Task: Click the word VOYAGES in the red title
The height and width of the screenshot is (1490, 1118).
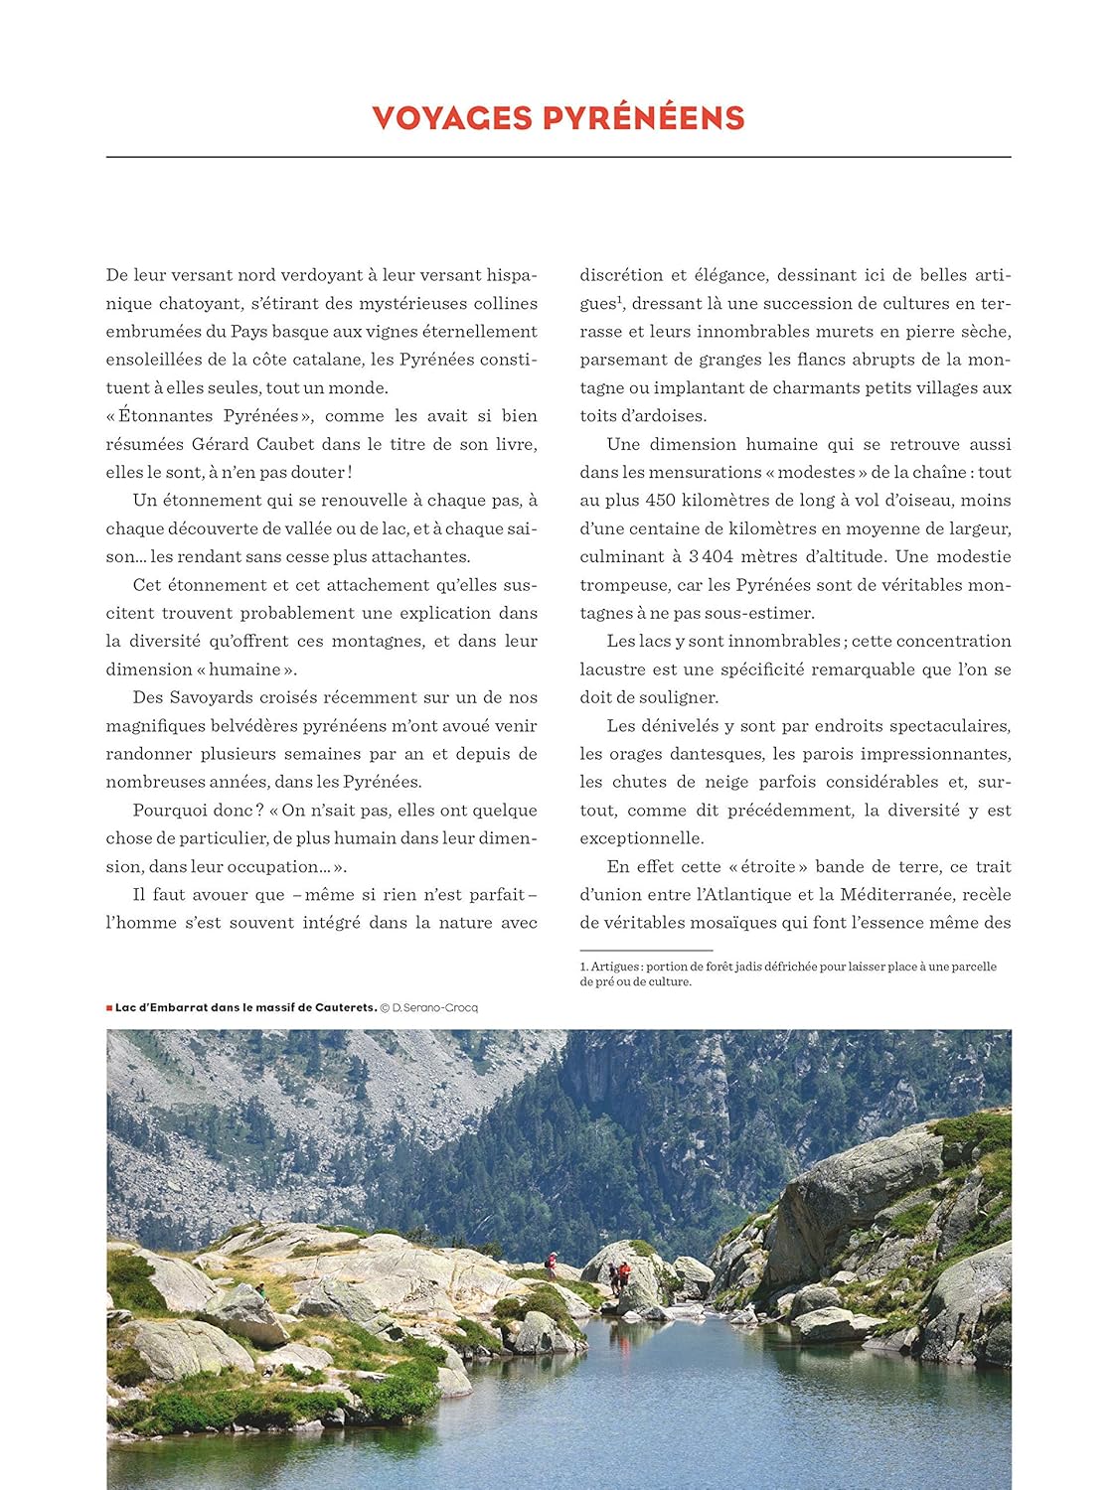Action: coord(452,118)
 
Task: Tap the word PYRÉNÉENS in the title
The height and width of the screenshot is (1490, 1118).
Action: coord(643,118)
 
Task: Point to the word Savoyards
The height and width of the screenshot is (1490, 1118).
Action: coord(218,697)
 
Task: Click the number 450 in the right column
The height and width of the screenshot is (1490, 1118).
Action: coord(660,501)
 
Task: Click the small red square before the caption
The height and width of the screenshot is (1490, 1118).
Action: coord(109,1007)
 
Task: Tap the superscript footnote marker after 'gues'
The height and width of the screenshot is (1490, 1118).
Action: coord(619,299)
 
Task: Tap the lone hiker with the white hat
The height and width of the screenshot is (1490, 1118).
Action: coord(551,1265)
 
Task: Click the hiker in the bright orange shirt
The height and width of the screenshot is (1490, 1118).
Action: coord(624,1272)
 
